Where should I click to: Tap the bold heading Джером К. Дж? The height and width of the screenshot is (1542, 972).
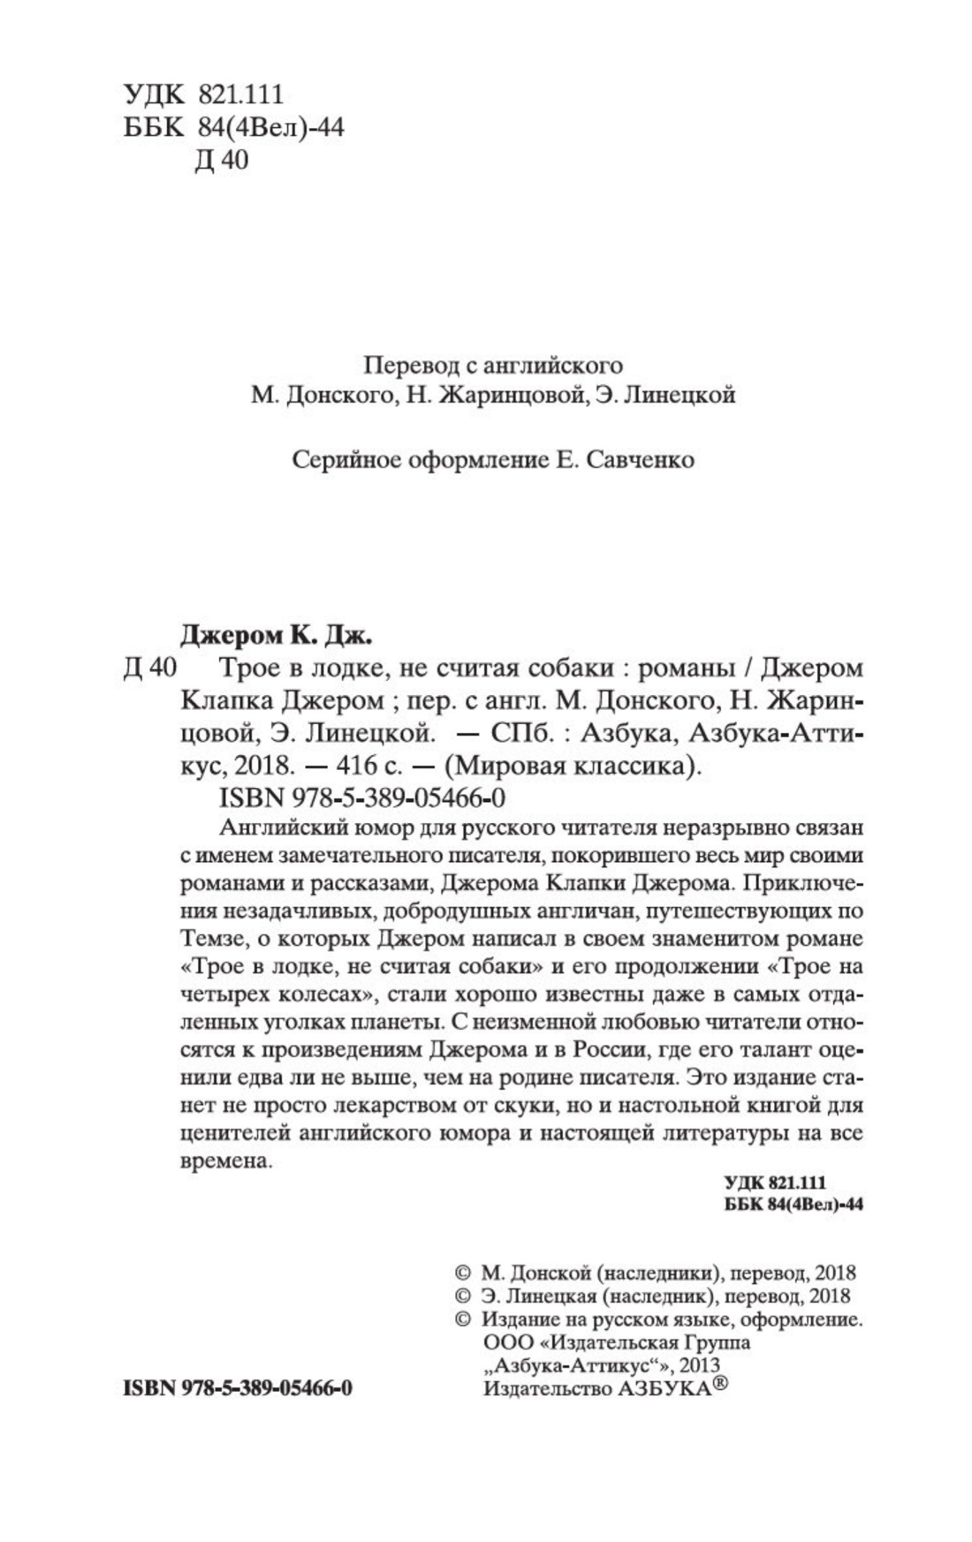(x=277, y=634)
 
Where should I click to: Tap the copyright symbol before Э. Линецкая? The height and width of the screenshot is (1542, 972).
(x=461, y=1296)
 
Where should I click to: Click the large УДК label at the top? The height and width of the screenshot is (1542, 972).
(x=155, y=94)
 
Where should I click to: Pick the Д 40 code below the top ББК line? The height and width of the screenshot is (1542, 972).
(x=220, y=162)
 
